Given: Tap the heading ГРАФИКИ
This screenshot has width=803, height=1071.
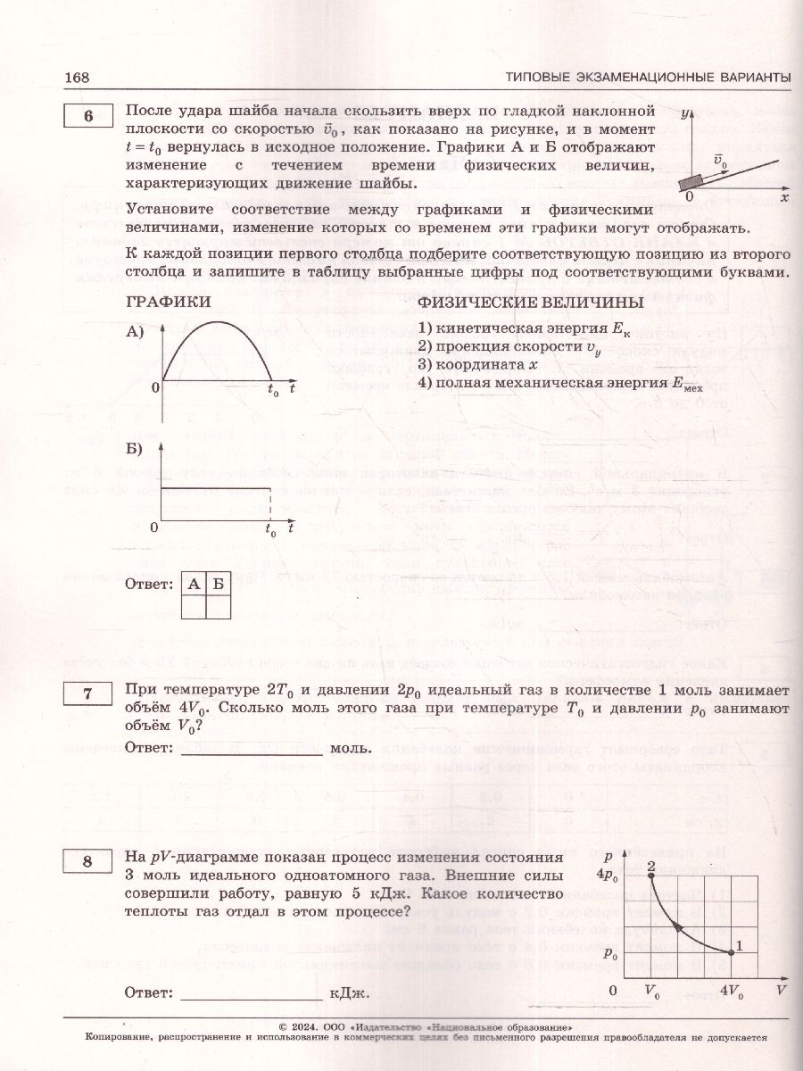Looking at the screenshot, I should tap(169, 303).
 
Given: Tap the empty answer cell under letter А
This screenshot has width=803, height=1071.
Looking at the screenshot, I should tap(194, 607).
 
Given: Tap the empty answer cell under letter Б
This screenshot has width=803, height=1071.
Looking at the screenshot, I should tap(219, 607).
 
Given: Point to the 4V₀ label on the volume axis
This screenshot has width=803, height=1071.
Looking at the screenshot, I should tap(731, 991).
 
